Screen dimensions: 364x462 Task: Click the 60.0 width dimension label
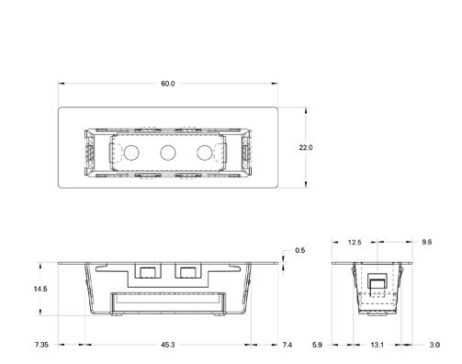[x=167, y=84]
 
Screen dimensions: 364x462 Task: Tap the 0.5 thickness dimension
[x=299, y=250]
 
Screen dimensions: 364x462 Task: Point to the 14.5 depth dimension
[x=40, y=289]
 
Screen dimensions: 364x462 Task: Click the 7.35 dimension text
[x=42, y=345]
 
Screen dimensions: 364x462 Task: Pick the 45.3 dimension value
[x=166, y=345]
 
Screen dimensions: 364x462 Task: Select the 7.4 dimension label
[x=287, y=345]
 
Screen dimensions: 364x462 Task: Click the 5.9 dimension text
[x=318, y=345]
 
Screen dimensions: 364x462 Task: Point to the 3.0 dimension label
[x=433, y=345]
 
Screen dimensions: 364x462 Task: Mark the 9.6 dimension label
[x=426, y=243]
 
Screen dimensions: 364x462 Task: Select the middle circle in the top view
[x=167, y=152]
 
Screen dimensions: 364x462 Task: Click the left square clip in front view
[x=146, y=271]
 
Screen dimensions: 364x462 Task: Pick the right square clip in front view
[x=188, y=271]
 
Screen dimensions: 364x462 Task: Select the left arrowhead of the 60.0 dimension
[x=62, y=84]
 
